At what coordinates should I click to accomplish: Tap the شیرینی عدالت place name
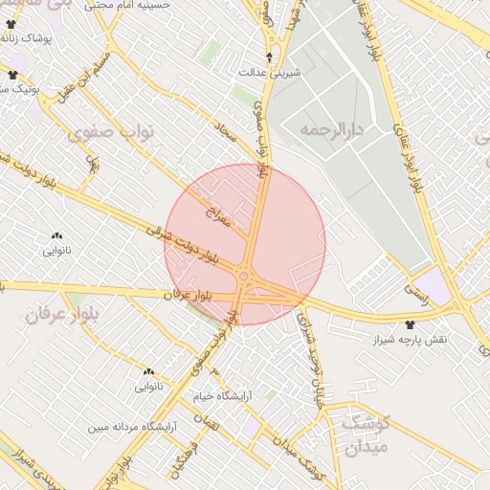click(269, 72)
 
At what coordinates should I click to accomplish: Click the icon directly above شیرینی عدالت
click(269, 56)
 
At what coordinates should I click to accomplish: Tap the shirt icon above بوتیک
click(12, 74)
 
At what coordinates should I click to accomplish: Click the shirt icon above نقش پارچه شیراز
click(411, 325)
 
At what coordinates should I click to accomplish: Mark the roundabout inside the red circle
click(245, 278)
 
